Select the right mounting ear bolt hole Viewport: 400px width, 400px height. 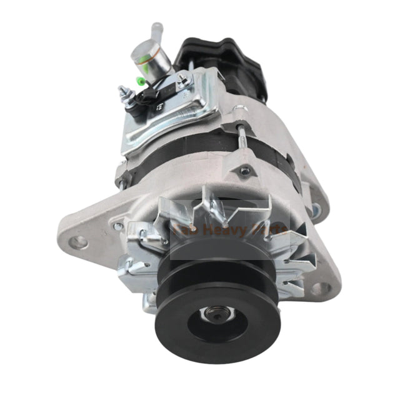point(322,288)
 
